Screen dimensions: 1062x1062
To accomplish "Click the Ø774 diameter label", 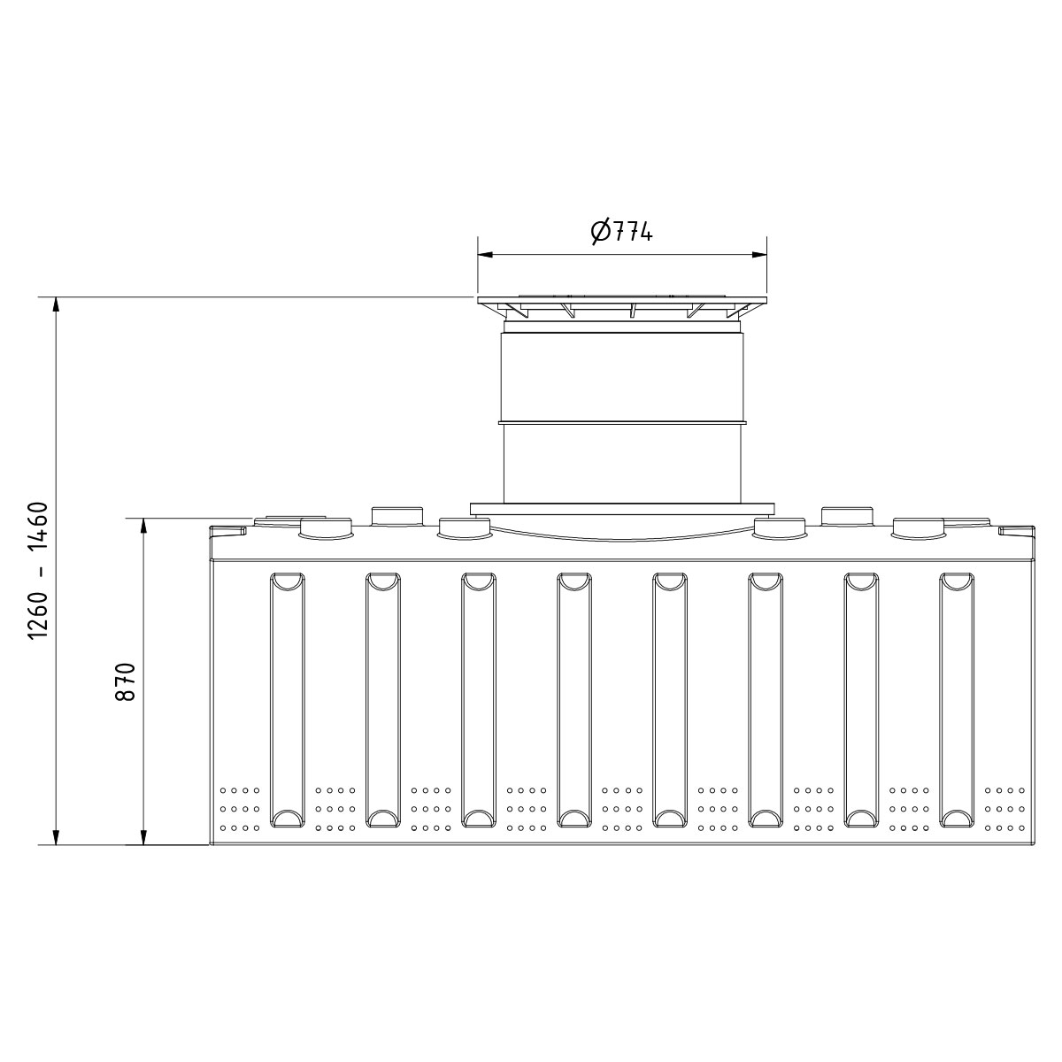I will pos(621,232).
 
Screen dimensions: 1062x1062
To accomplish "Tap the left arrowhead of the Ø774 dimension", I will pos(484,255).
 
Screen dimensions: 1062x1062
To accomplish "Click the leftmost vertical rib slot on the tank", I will pos(287,699).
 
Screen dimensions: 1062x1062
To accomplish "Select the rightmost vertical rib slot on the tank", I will pos(956,699).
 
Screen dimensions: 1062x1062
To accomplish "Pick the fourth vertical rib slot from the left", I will pos(573,699).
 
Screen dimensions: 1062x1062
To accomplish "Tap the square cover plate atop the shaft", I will pos(622,301).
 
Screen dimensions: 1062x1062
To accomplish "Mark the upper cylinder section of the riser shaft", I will pos(622,376).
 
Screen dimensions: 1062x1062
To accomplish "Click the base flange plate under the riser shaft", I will pos(622,508).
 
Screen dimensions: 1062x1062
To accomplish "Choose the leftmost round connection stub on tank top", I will pos(326,528).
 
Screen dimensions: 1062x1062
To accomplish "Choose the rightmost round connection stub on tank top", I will pos(918,527).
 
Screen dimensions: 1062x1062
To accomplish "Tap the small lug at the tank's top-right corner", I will pos(1015,530).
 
